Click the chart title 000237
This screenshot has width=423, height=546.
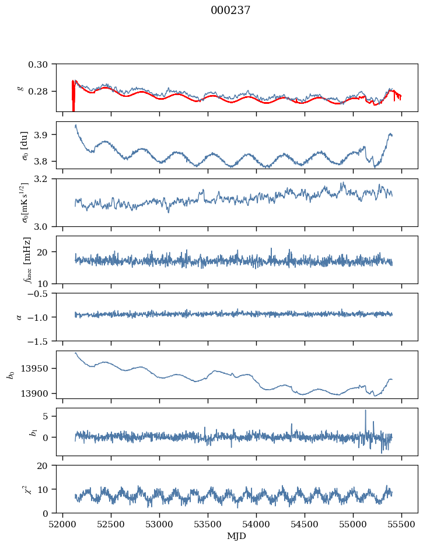(x=230, y=10)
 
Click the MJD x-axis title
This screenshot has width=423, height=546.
(x=237, y=536)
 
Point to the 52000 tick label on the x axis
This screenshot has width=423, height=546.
(x=63, y=524)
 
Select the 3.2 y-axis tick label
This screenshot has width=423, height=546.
(x=45, y=178)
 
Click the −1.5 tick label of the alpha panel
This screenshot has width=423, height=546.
(x=41, y=341)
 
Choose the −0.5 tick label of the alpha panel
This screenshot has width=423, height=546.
(x=41, y=293)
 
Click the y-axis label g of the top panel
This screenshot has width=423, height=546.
(x=21, y=87)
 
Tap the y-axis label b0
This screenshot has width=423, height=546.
(x=10, y=374)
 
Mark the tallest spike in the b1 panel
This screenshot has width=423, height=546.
(x=366, y=411)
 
